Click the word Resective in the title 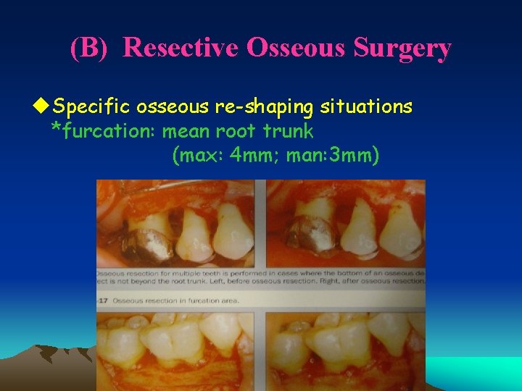[181, 48]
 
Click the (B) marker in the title [91, 48]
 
